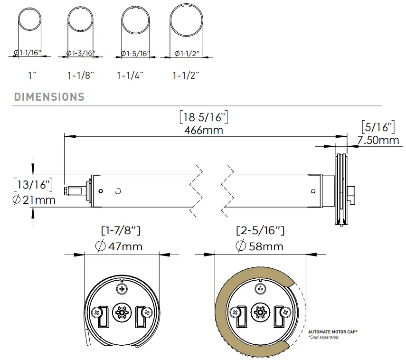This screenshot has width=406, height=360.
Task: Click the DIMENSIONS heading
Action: point(49,97)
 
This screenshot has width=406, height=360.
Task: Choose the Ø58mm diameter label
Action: point(260,246)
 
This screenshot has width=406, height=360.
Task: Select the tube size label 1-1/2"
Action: point(186,75)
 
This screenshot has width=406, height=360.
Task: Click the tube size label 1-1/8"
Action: point(81,75)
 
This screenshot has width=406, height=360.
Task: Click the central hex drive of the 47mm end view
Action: point(121,313)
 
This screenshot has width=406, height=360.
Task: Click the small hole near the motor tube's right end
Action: point(312,190)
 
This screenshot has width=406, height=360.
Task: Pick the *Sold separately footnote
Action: point(323,337)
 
